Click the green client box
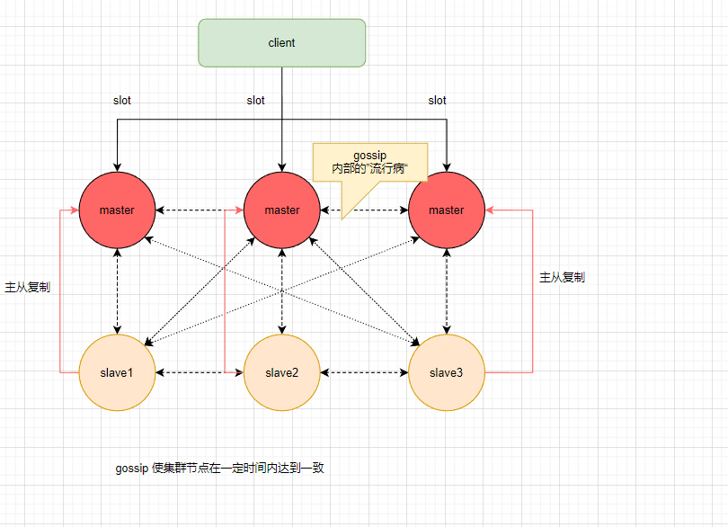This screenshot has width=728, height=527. point(281,43)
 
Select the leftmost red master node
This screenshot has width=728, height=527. point(117,210)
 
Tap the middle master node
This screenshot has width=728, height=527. point(281,210)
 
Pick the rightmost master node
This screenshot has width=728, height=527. point(446,210)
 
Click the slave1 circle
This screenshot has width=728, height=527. point(117,372)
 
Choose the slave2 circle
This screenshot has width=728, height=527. point(281,372)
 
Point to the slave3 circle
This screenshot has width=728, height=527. point(446,372)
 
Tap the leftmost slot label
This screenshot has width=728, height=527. point(122,101)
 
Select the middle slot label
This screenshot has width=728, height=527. point(256,101)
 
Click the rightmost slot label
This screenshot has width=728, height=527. point(437,101)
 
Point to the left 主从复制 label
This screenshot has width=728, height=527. point(27,288)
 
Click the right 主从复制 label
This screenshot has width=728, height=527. point(562,277)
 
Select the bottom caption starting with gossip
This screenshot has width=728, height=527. point(219,469)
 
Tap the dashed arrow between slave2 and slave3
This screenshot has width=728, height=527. point(364,372)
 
